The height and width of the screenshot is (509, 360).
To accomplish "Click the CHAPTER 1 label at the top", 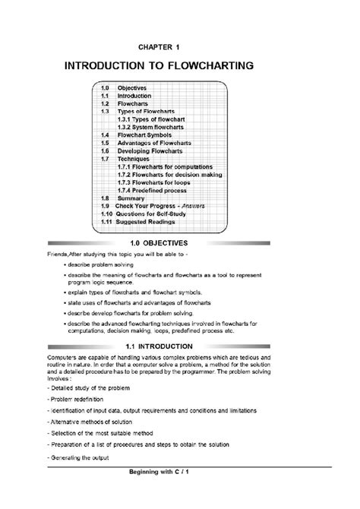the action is [x=180, y=47].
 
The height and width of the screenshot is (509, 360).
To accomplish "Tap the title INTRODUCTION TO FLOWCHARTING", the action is [x=180, y=67].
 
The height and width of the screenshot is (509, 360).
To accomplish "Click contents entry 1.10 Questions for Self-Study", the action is [x=152, y=213].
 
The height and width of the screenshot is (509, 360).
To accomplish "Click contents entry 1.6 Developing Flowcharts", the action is [x=149, y=150].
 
